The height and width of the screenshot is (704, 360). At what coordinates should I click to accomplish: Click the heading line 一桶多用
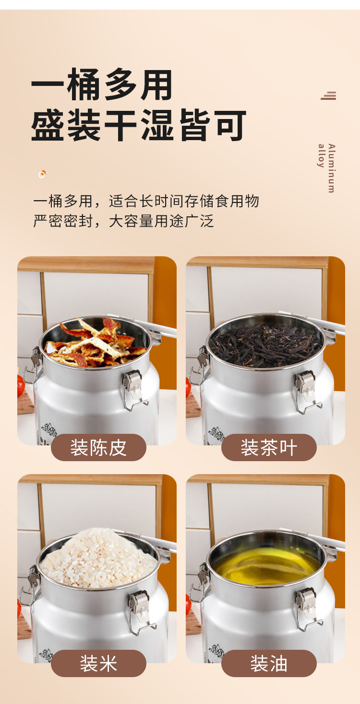pyautogui.click(x=102, y=85)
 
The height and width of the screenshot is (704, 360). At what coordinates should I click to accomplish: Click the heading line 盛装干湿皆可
pyautogui.click(x=138, y=125)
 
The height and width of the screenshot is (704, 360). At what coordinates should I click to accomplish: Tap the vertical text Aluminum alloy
pyautogui.click(x=327, y=168)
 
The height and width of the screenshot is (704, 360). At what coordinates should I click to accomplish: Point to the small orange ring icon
pyautogui.click(x=42, y=174)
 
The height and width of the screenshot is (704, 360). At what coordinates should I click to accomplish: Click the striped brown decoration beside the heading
pyautogui.click(x=328, y=95)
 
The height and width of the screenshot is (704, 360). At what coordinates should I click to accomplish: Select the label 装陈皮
pyautogui.click(x=98, y=448)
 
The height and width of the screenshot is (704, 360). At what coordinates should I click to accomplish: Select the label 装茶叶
pyautogui.click(x=269, y=448)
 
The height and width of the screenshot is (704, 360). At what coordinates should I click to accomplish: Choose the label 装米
pyautogui.click(x=98, y=664)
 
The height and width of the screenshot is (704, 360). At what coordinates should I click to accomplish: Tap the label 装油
pyautogui.click(x=269, y=664)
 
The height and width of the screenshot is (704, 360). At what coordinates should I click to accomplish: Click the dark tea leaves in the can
pyautogui.click(x=265, y=344)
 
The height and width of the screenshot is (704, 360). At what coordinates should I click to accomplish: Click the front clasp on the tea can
pyautogui.click(x=307, y=391)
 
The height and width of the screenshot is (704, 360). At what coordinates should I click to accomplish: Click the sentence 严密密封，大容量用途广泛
pyautogui.click(x=123, y=221)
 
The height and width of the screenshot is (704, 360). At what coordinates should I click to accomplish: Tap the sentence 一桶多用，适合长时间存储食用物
pyautogui.click(x=146, y=201)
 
